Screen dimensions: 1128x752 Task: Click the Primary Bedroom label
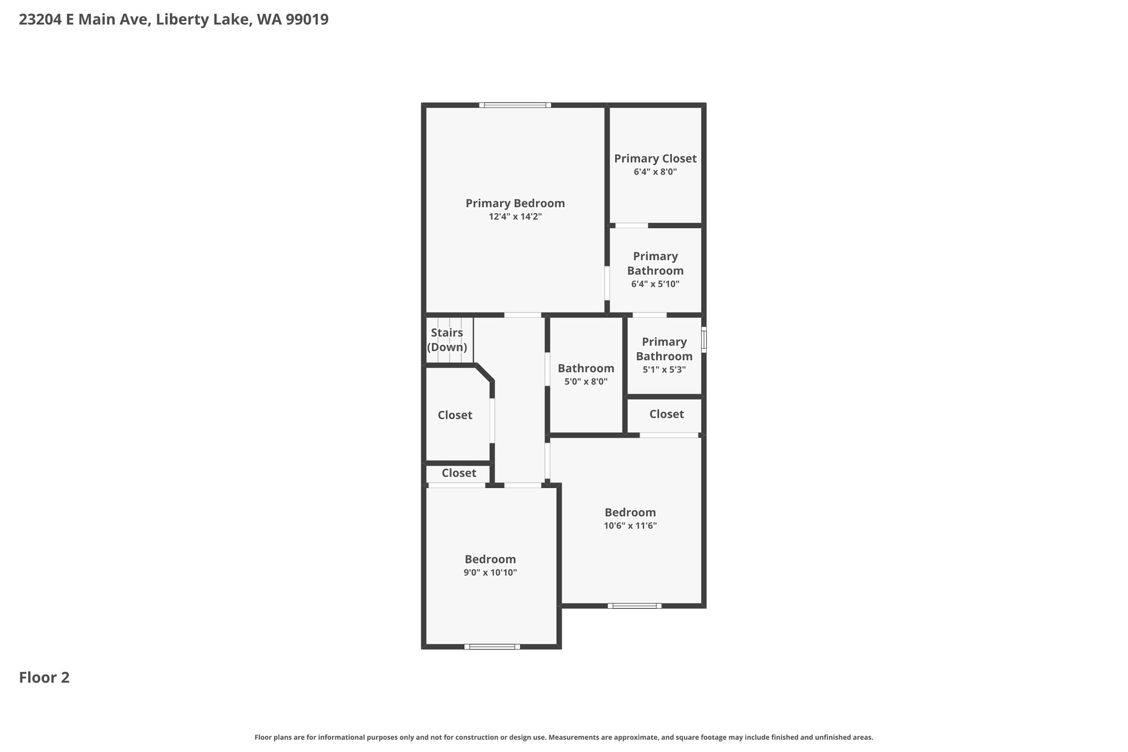tap(515, 203)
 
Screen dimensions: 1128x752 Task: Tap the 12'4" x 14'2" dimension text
tap(515, 217)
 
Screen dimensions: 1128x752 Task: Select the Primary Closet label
tap(655, 159)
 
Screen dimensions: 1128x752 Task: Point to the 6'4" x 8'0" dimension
tap(655, 172)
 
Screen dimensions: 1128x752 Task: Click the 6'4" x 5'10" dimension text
tap(655, 284)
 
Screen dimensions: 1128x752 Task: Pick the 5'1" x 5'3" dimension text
tap(664, 370)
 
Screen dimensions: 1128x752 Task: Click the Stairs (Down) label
tap(447, 340)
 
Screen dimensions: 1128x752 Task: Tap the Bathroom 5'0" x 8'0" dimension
tap(586, 381)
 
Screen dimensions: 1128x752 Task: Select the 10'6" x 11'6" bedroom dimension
tap(630, 526)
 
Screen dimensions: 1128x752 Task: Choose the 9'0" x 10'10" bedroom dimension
tap(490, 572)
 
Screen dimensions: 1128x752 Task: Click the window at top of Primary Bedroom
tap(515, 105)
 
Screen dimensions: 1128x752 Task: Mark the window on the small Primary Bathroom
tap(704, 339)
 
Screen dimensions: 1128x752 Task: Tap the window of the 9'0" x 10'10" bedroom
tap(492, 647)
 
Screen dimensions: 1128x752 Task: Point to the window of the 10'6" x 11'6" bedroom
tap(634, 606)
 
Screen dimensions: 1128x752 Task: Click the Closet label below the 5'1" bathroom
tap(666, 414)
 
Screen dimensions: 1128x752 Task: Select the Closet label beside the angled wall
tap(455, 415)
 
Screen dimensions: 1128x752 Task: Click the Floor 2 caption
tap(44, 678)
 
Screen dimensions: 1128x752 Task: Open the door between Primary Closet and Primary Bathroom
tap(632, 225)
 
